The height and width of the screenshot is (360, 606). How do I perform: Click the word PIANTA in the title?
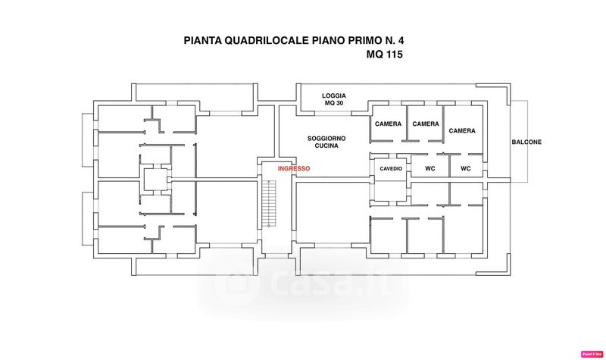point(205,41)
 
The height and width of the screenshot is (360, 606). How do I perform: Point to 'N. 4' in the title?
point(398,41)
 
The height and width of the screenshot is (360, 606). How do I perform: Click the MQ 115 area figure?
point(384,55)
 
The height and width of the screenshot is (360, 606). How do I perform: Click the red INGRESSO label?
point(293,168)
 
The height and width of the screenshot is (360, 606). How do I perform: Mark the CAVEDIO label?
point(391,168)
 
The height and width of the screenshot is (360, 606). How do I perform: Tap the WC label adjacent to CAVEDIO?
point(430,168)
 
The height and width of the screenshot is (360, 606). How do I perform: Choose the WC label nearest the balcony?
point(465,168)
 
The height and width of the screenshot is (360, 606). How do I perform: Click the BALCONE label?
point(526,142)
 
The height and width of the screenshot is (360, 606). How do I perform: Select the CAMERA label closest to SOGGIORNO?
point(388,124)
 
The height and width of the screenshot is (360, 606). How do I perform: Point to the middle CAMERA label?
point(426,124)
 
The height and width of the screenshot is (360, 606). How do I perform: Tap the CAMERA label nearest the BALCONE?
point(462,131)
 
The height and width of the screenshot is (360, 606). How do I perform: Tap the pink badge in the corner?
point(591,354)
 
